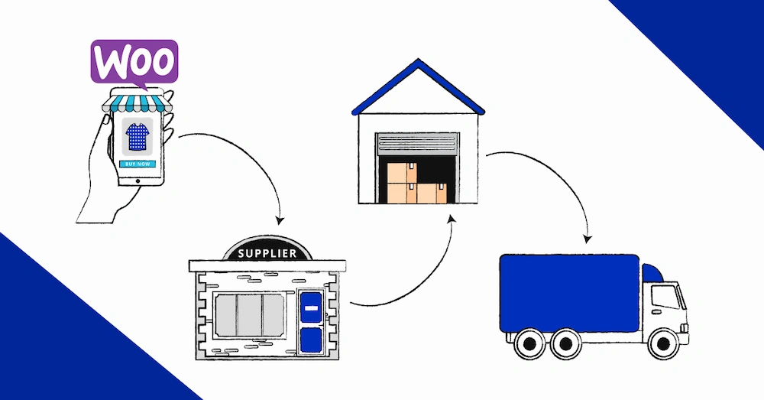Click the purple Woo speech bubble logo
click(x=134, y=60)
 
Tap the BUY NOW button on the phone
click(x=138, y=164)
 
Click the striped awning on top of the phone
click(x=138, y=102)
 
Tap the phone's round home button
click(x=138, y=180)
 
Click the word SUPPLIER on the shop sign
click(x=267, y=253)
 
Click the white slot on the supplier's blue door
click(x=311, y=307)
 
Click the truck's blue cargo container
click(x=569, y=293)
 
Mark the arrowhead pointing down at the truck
click(x=587, y=236)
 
